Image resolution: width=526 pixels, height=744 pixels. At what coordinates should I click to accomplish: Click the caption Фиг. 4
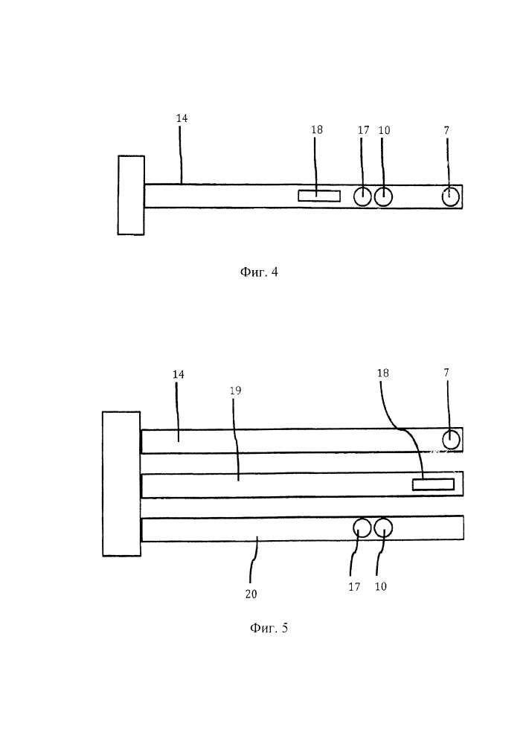(x=258, y=272)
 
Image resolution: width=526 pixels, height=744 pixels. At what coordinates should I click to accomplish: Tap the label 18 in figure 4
(x=317, y=129)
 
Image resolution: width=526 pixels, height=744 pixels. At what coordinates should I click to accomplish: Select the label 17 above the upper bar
(x=363, y=130)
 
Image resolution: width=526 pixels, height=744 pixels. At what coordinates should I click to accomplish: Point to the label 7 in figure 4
(x=446, y=130)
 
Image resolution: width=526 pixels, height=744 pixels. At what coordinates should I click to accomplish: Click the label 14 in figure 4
(x=182, y=118)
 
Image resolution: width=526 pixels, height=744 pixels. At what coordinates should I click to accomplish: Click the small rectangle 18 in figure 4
(x=318, y=196)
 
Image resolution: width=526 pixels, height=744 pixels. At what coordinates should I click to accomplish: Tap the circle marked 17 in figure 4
(x=362, y=196)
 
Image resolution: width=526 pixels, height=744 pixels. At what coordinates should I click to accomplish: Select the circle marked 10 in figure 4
(x=383, y=196)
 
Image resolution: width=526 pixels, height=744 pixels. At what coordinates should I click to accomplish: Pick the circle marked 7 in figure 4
(x=451, y=196)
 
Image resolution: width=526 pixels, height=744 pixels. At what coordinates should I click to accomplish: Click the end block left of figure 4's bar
(x=131, y=195)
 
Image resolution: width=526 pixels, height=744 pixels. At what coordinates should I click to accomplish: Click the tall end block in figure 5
(x=121, y=484)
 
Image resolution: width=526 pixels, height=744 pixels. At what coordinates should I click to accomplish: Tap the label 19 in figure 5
(x=235, y=390)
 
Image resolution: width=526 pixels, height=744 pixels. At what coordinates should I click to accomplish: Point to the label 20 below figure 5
(x=250, y=594)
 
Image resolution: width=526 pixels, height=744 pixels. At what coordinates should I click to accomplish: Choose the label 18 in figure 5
(x=383, y=373)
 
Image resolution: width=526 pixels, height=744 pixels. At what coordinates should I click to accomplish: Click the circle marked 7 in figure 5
(x=451, y=440)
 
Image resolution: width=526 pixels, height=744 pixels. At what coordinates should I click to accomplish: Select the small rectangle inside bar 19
(x=433, y=484)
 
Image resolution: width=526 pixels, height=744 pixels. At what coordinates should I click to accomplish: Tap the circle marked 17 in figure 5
(x=362, y=528)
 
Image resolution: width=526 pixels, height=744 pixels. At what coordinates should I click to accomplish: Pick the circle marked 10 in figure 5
(x=384, y=528)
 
